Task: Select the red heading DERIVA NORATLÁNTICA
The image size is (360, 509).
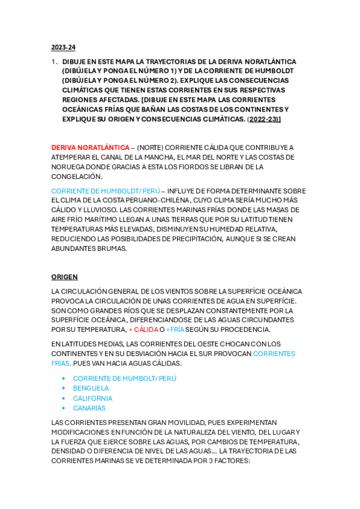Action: point(90,148)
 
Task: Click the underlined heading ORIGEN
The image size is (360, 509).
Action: point(64,277)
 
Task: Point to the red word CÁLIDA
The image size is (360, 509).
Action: point(145,330)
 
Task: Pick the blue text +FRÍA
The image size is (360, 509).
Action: point(175,330)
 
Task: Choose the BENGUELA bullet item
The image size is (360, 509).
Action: point(91,388)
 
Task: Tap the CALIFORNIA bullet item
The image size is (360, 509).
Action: point(92,398)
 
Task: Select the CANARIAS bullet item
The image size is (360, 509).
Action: point(89,408)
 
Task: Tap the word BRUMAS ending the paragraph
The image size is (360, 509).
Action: point(110,248)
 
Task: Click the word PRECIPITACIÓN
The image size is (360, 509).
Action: point(192,239)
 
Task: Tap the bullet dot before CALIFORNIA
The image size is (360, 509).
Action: point(64,399)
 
